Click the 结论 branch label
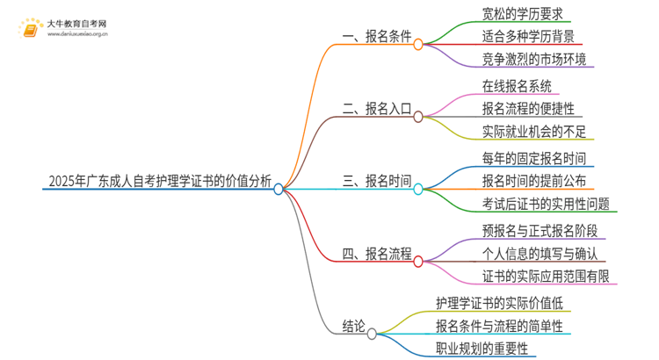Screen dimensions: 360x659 [x=353, y=327]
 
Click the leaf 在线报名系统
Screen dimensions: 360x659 [x=517, y=86]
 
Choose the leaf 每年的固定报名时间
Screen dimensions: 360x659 [x=534, y=158]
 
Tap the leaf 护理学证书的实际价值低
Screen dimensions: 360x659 [x=498, y=303]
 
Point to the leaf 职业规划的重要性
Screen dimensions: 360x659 [x=487, y=350]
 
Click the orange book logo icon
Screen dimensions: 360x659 [x=30, y=30]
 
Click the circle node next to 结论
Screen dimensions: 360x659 [x=372, y=333]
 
